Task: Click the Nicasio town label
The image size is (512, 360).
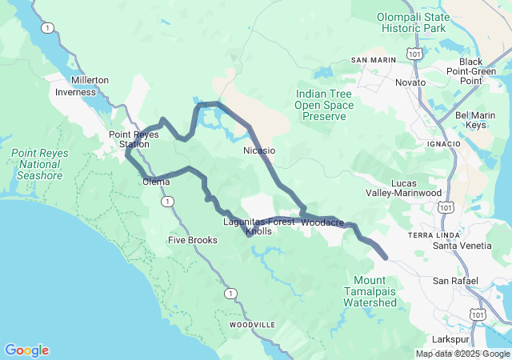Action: (259, 150)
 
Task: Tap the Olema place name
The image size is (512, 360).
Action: (156, 182)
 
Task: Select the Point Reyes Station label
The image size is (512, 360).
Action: (129, 139)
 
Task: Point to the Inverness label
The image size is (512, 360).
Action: (75, 92)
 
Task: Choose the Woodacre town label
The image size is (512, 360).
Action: (324, 221)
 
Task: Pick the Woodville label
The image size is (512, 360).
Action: (252, 325)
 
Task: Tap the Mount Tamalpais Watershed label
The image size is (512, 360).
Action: (374, 291)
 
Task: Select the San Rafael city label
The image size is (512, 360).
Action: (455, 281)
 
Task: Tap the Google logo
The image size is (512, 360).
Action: (26, 350)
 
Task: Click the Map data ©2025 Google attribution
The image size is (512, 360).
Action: (462, 354)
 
